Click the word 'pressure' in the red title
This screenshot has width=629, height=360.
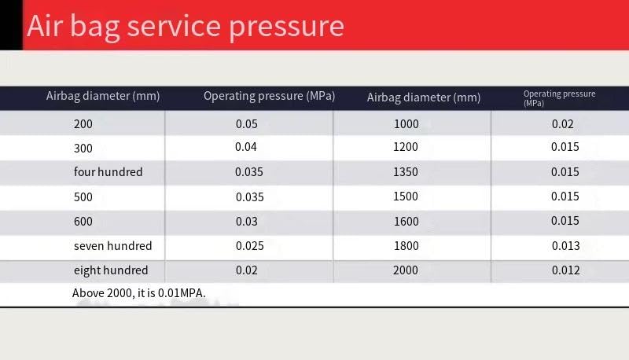(286, 28)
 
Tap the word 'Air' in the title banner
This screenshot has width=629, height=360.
(45, 26)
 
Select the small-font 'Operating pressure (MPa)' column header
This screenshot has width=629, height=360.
(559, 98)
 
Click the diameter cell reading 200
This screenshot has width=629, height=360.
(83, 124)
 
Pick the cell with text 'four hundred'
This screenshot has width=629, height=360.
(108, 171)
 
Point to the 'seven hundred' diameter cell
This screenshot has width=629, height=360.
(112, 245)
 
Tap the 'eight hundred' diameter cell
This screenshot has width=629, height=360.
(111, 270)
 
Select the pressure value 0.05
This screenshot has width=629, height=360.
(246, 124)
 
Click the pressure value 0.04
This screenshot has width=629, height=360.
(245, 147)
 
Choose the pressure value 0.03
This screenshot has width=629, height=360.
(246, 222)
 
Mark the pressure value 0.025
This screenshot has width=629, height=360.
(249, 246)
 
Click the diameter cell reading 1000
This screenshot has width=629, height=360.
(406, 124)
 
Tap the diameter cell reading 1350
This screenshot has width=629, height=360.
(405, 171)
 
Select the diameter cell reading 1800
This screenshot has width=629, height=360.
(406, 246)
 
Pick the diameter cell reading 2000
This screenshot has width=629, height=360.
(405, 270)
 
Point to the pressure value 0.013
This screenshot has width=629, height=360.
(565, 246)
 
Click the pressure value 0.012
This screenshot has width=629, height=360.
(565, 270)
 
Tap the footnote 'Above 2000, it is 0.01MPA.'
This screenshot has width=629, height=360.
(139, 293)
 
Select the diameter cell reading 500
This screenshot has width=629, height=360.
(83, 197)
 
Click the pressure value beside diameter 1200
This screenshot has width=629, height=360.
(565, 147)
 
